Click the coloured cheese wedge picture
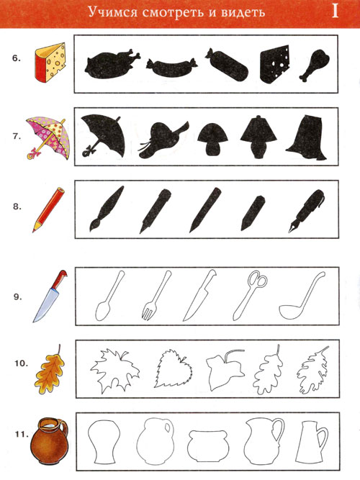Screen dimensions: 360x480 click(50, 63)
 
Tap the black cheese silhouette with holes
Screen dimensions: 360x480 click(274, 65)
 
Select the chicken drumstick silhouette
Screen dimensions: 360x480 click(314, 65)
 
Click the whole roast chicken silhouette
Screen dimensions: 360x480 click(111, 63)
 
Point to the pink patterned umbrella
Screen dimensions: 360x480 click(48, 137)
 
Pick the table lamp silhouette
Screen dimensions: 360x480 click(258, 137)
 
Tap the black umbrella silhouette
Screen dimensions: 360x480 click(103, 135)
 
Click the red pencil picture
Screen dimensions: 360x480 click(49, 210)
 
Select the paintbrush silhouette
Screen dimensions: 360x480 click(107, 209)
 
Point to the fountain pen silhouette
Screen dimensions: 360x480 click(306, 211)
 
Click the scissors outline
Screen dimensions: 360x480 click(250, 295)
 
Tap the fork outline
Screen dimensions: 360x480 click(156, 296)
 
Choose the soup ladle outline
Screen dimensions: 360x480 click(302, 296)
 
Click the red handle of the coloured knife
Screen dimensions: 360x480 click(59, 279)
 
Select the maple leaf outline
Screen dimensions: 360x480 click(114, 371)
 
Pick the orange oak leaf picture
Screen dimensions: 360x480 click(49, 370)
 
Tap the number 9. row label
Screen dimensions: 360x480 click(17, 296)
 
